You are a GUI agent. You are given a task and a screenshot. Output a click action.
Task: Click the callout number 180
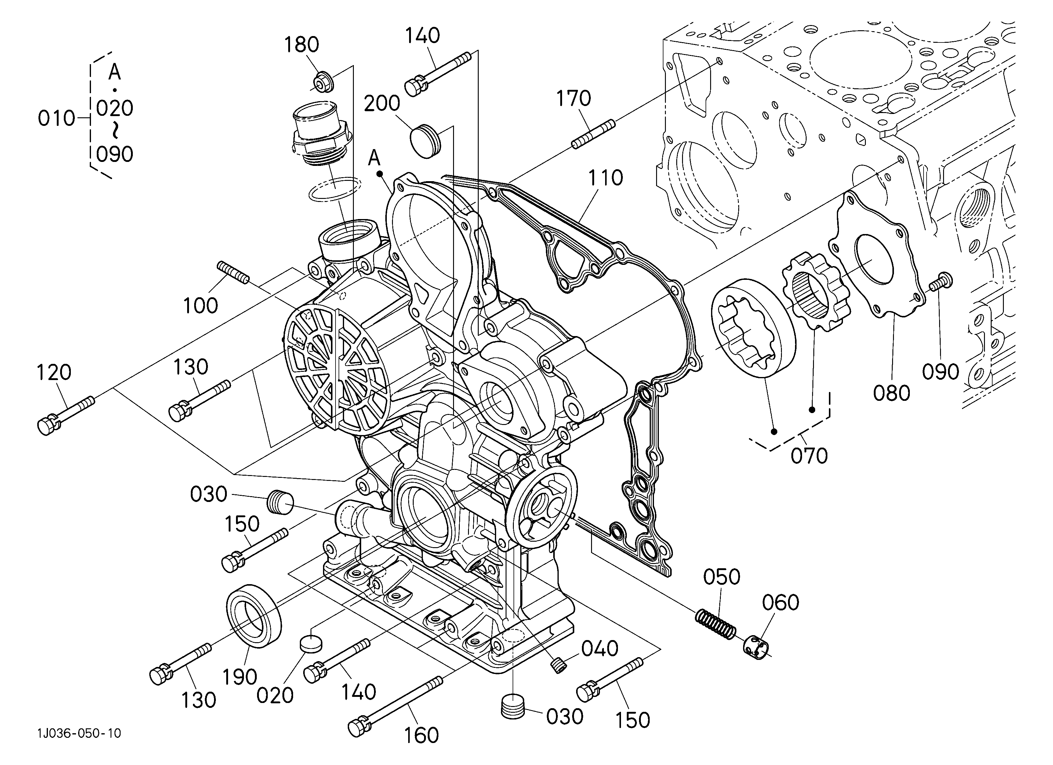302,45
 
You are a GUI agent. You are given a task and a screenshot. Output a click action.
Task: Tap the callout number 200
382,103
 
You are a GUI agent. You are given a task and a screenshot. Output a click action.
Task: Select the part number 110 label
605,178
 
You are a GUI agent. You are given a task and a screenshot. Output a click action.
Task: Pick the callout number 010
56,119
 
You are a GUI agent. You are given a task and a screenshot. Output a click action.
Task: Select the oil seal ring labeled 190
254,615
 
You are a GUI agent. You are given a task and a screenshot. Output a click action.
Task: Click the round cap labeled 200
425,141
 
